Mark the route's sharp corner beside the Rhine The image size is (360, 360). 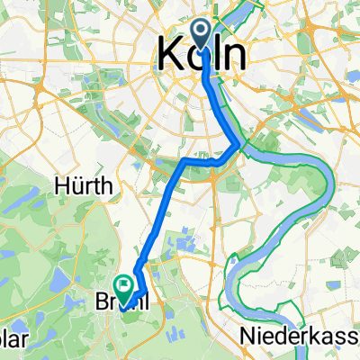[x=237, y=143]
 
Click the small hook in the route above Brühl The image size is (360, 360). [x=137, y=268]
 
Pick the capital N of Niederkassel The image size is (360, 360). [x=247, y=336]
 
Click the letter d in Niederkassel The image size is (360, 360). [x=274, y=336]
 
